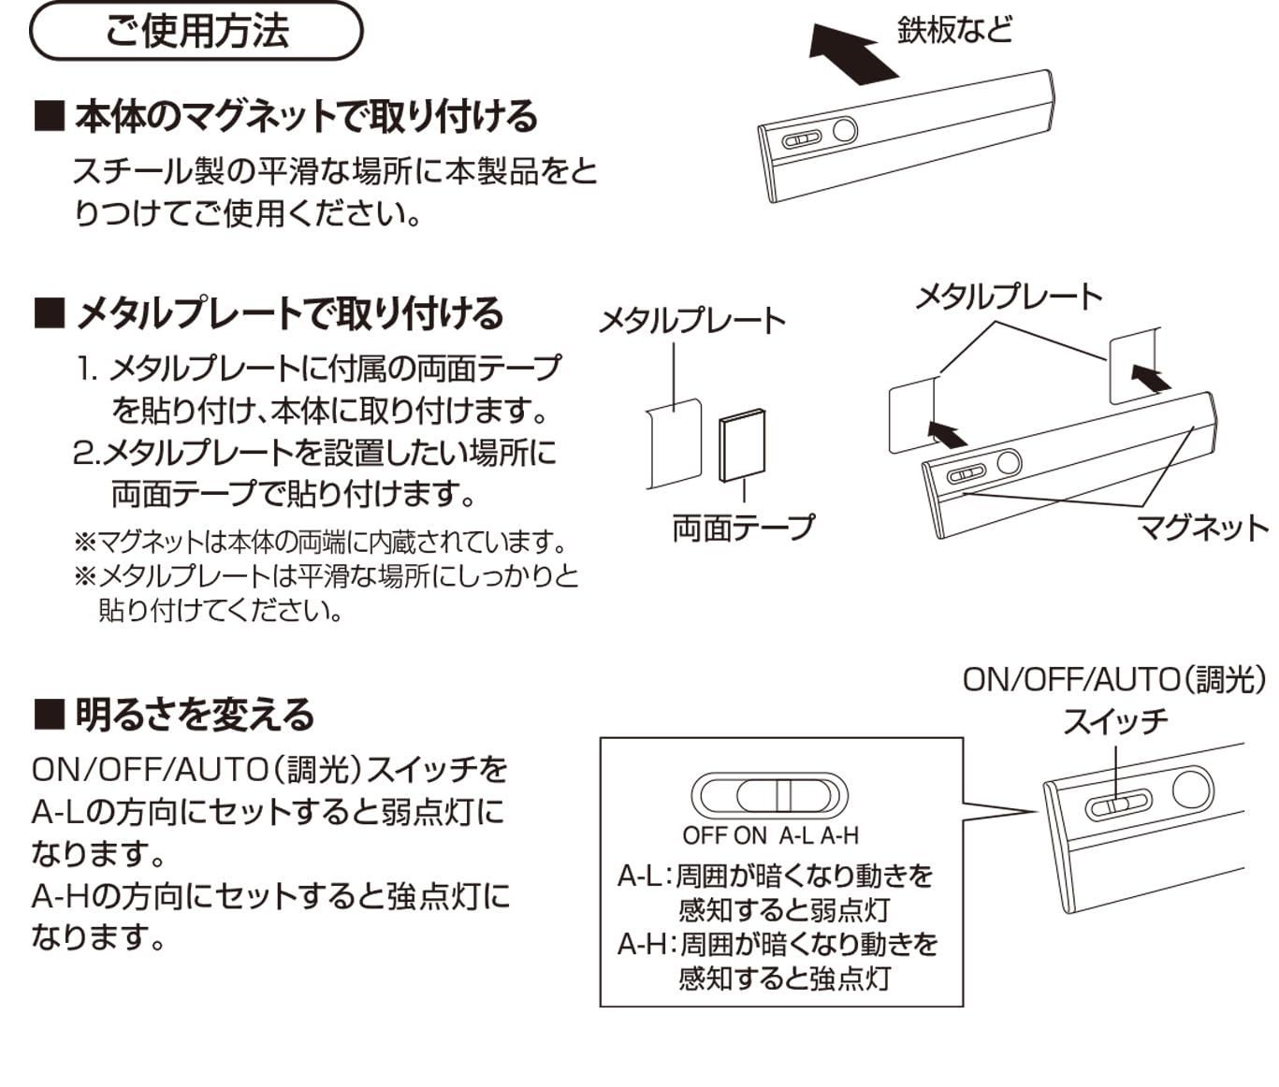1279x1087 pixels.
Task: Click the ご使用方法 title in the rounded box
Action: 196,31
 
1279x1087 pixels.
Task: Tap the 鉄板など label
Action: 953,29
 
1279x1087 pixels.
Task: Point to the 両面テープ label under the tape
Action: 744,529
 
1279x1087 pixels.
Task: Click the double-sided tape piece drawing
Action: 742,446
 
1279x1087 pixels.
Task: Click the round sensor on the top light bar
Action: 844,130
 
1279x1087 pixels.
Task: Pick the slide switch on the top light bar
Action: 802,140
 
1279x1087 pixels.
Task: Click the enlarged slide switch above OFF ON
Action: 768,795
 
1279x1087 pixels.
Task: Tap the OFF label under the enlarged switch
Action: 705,835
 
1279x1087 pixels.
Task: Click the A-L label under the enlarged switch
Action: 796,835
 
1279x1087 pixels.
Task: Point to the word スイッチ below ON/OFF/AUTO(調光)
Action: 1115,721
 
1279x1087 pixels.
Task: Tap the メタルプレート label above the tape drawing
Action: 691,321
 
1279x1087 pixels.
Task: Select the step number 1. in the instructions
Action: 88,369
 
